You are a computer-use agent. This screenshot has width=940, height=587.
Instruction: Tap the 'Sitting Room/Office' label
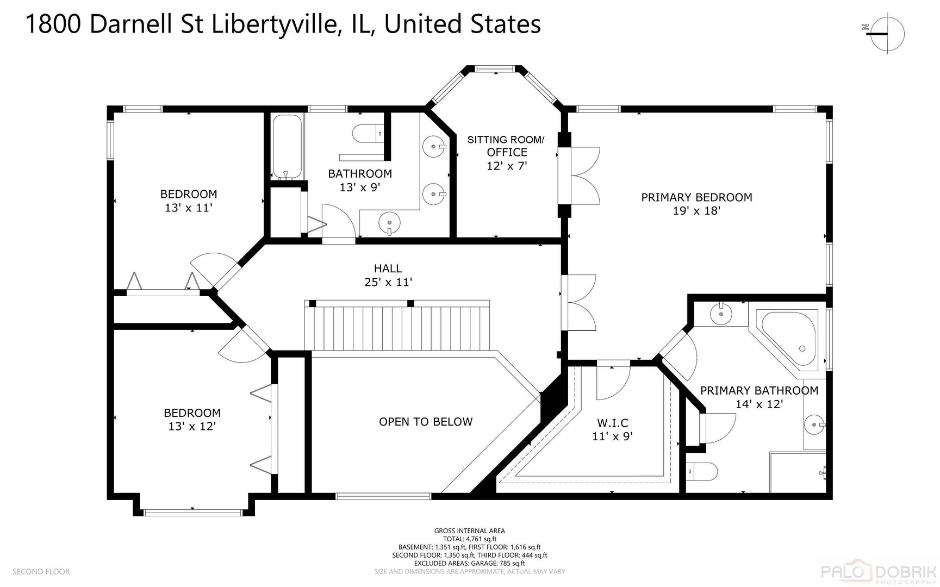pos(506,146)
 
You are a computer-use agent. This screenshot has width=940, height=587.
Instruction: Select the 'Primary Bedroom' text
pos(696,197)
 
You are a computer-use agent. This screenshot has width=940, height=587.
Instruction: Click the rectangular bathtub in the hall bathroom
pos(287,146)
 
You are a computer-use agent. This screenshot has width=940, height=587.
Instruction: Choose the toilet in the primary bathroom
pos(702,471)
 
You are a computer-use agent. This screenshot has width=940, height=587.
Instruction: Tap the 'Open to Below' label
pos(426,422)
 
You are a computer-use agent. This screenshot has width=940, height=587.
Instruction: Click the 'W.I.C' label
pos(613,423)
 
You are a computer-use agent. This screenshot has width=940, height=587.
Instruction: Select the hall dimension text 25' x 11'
pos(388,282)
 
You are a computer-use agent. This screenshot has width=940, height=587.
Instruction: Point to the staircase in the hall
pos(397,327)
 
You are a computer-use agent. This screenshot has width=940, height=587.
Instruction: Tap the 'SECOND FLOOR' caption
pos(41,572)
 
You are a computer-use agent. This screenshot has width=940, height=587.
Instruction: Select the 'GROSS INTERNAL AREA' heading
pos(469,531)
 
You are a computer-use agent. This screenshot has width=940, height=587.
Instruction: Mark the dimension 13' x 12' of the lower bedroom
pos(192,427)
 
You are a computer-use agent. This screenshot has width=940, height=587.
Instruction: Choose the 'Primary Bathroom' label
pos(759,391)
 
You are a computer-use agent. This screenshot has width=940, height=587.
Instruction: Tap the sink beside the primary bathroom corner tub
pos(721,314)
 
